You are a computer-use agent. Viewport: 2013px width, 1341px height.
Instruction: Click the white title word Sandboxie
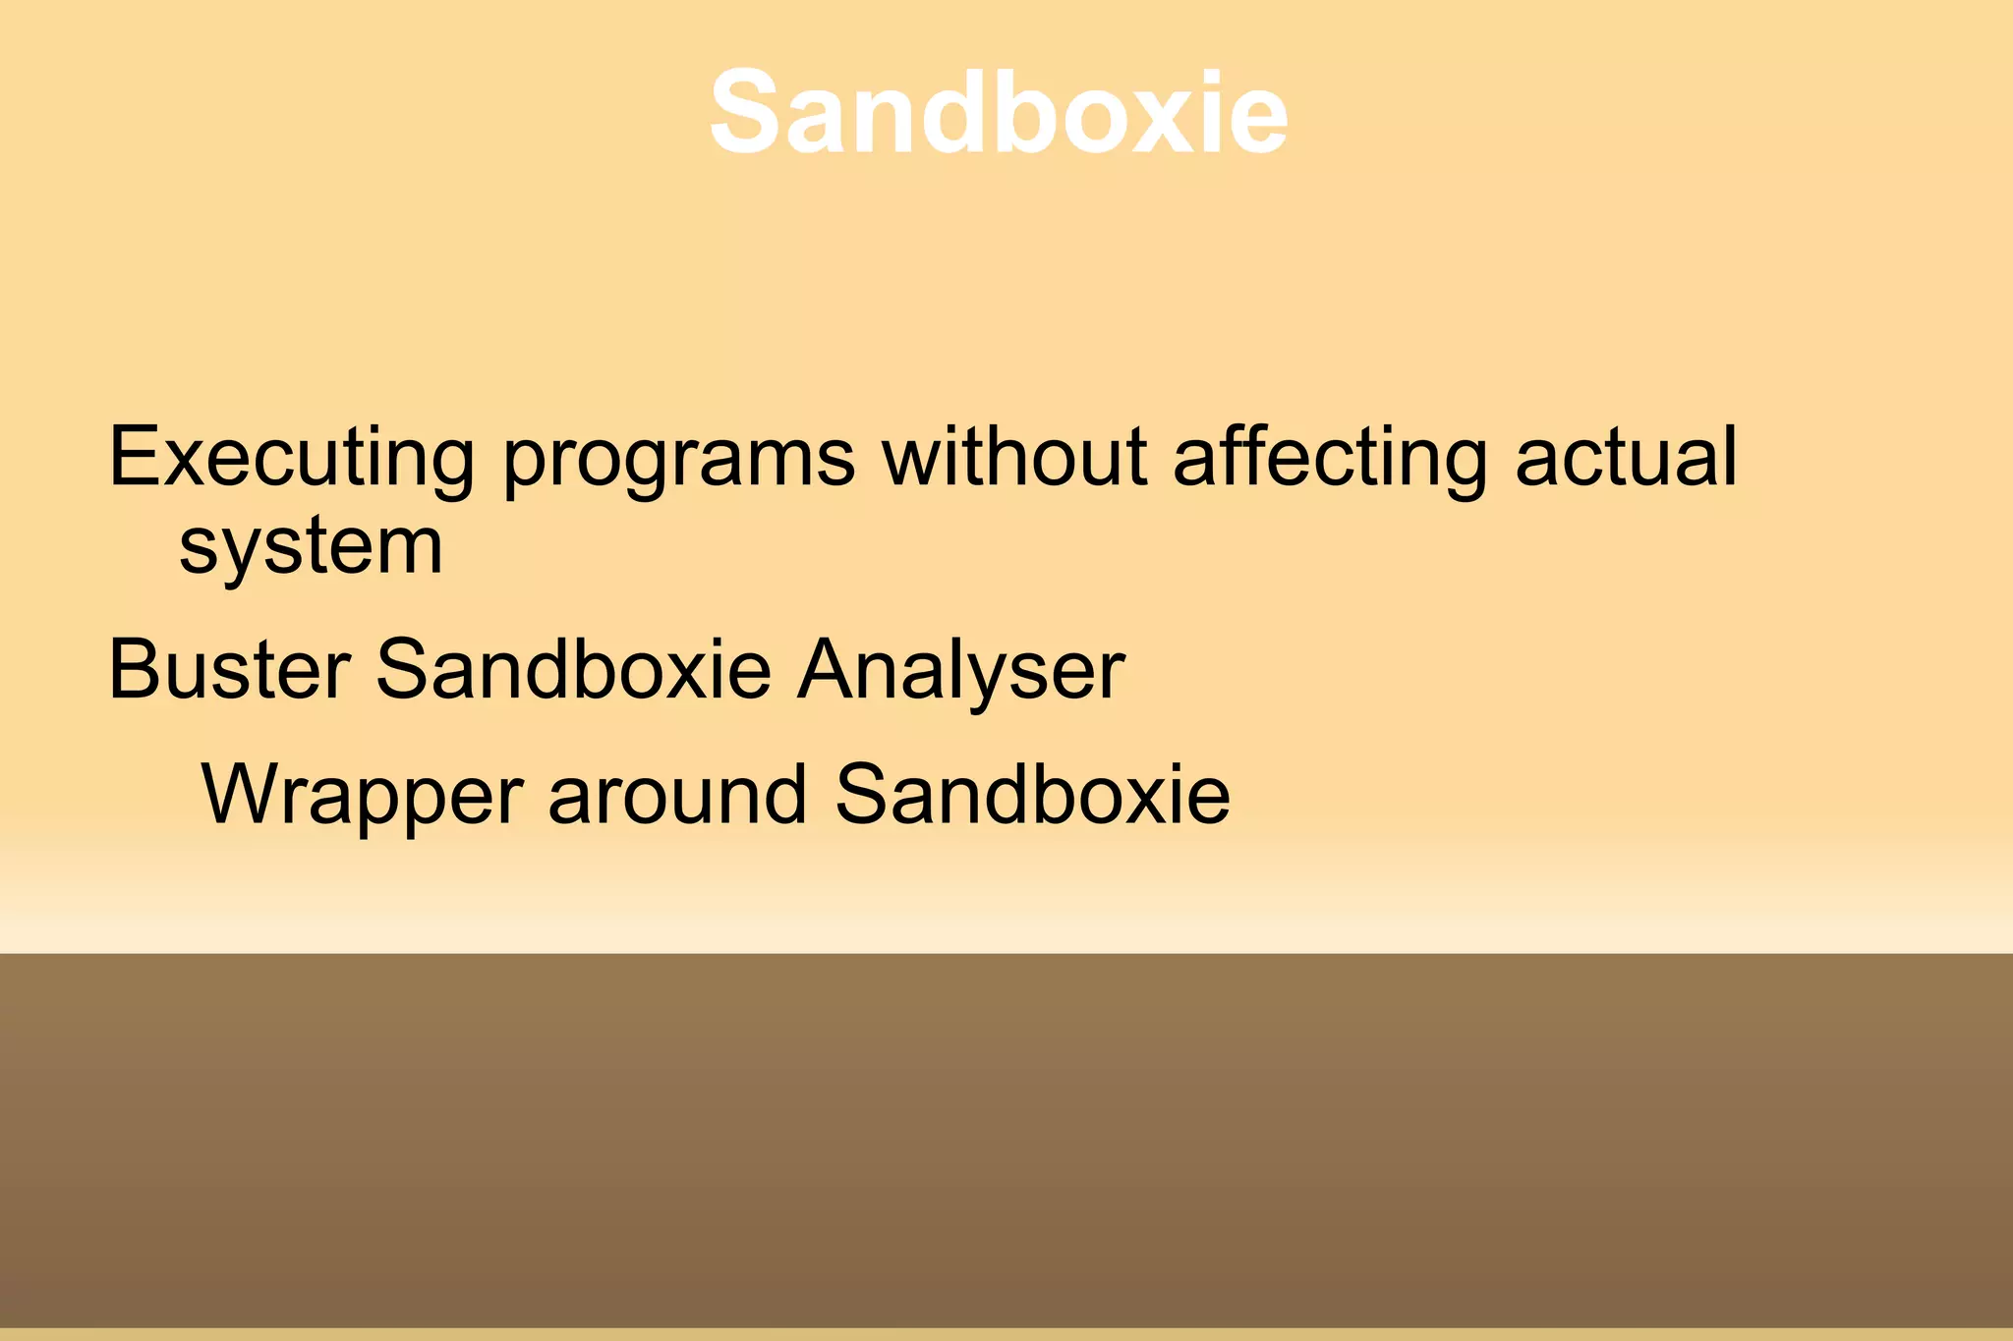pos(998,112)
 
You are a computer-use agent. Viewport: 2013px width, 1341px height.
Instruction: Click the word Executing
pos(291,458)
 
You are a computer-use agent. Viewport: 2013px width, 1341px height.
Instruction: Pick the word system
pos(311,548)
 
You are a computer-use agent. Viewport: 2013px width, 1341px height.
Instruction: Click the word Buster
pos(229,670)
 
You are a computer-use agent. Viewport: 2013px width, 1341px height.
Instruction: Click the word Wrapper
pos(362,797)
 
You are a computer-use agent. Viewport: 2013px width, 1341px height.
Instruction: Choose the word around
pos(677,795)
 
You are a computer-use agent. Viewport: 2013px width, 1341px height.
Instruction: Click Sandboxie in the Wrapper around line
pos(1032,795)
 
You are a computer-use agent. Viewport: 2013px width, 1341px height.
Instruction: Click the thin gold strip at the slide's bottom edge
pos(1006,1334)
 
